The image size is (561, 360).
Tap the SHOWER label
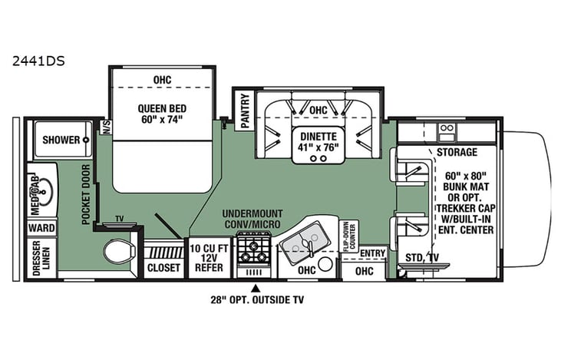tap(61, 140)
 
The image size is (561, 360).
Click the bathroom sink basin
tap(44, 187)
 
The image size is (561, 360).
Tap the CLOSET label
tap(163, 268)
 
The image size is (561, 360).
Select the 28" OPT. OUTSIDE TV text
tap(256, 299)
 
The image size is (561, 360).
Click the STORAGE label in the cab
tap(457, 152)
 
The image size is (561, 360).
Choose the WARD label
tap(41, 228)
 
